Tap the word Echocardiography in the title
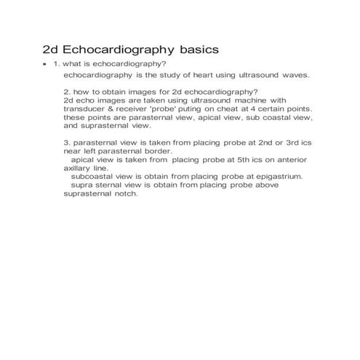[x=117, y=52]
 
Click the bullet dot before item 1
[x=45, y=65]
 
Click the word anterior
[x=291, y=159]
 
